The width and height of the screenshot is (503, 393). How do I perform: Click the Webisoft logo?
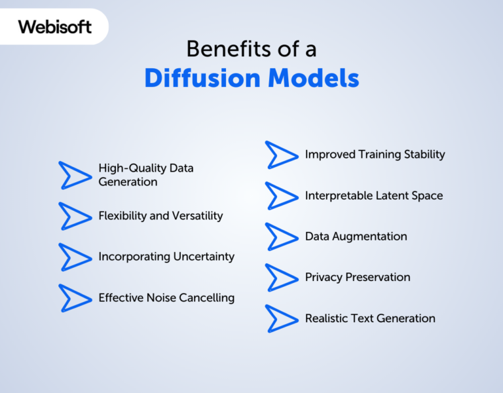pyautogui.click(x=55, y=27)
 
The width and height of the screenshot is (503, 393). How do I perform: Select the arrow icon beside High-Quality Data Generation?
pyautogui.click(x=75, y=175)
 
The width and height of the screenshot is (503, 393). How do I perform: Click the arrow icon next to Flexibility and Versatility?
pyautogui.click(x=75, y=215)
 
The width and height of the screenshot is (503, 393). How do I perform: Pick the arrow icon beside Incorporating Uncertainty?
pyautogui.click(x=75, y=257)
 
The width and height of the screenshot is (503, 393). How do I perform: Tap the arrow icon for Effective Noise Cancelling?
pyautogui.click(x=75, y=297)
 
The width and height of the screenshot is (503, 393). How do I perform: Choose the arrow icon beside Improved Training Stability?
pyautogui.click(x=282, y=155)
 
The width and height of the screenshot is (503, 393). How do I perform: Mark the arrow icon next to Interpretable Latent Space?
pyautogui.click(x=282, y=195)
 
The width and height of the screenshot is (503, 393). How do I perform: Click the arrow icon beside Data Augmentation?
pyautogui.click(x=282, y=236)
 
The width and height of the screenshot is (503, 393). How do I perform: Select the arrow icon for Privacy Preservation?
pyautogui.click(x=282, y=277)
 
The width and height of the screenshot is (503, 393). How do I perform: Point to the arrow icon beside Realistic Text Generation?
pyautogui.click(x=282, y=318)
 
